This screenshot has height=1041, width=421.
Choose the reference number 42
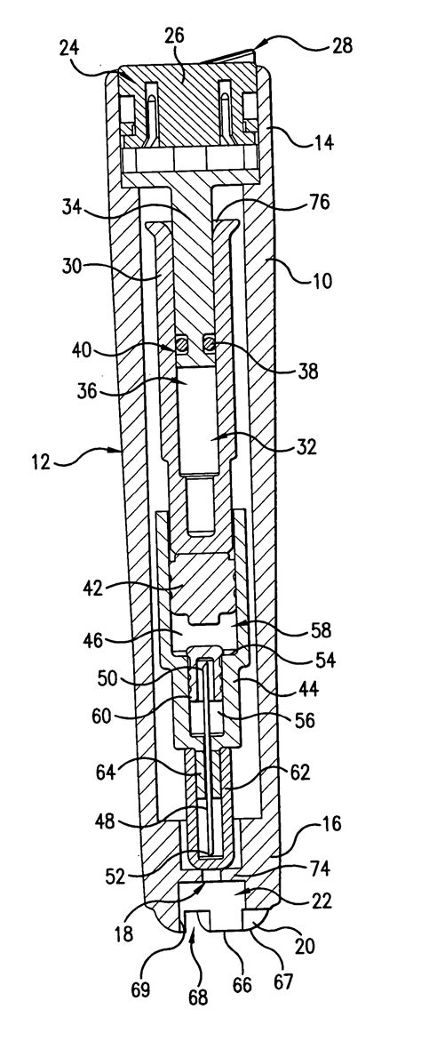pyautogui.click(x=93, y=587)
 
